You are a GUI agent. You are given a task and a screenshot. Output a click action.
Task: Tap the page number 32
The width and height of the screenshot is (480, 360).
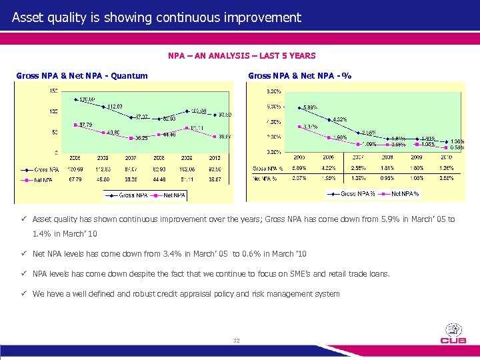236,341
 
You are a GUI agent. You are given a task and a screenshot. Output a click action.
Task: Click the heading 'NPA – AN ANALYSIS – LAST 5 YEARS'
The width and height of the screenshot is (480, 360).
242,55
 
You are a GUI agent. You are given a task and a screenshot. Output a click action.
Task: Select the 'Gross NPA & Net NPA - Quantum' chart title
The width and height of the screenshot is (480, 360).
82,76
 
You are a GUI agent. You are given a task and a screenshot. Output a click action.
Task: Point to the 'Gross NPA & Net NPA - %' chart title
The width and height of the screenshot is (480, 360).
299,76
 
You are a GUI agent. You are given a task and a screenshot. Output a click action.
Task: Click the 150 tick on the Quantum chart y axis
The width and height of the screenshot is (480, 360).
53,91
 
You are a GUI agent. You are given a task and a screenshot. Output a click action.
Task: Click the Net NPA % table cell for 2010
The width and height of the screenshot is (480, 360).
457,179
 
